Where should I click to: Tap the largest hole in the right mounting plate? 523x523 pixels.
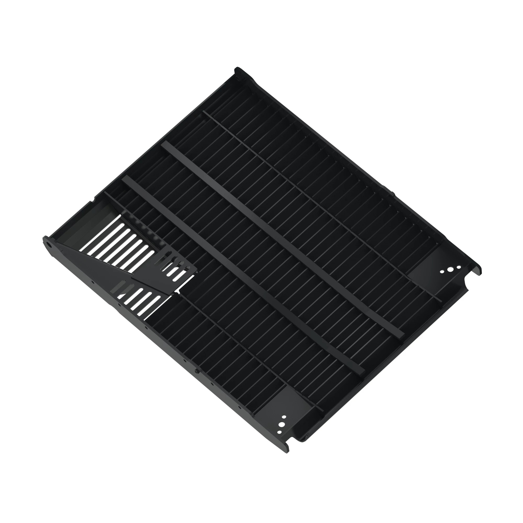coord(450,270)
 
